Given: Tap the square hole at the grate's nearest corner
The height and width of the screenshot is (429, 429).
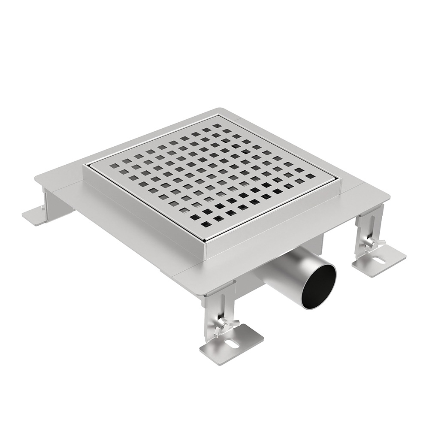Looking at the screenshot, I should click(x=205, y=224).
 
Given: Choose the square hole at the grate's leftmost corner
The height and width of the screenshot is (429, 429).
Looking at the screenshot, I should click(x=113, y=165).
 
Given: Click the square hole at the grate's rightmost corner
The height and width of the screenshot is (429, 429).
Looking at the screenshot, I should click(x=310, y=176).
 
